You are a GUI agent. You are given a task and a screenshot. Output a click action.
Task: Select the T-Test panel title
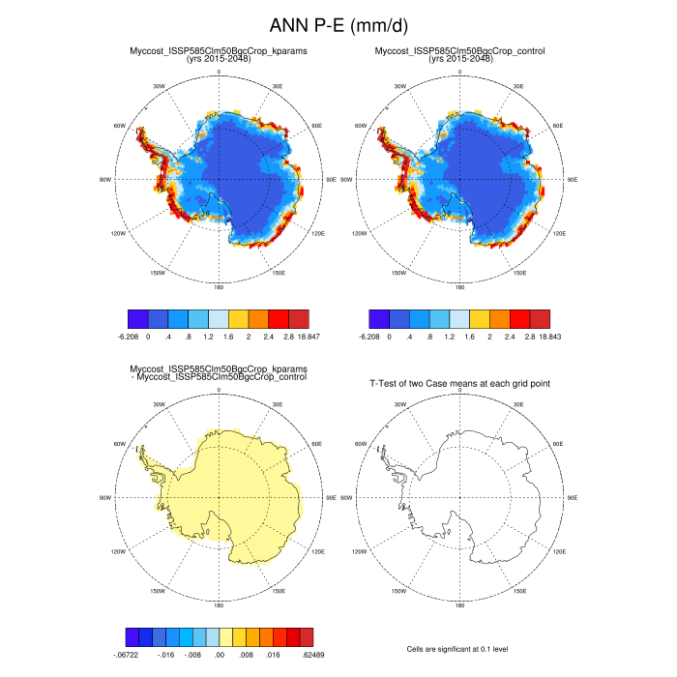[x=460, y=384]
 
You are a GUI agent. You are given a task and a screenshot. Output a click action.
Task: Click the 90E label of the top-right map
[x=573, y=180]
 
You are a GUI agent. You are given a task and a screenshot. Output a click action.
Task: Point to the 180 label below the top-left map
[x=219, y=287]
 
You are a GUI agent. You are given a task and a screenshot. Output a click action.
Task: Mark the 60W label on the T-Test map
[x=363, y=444]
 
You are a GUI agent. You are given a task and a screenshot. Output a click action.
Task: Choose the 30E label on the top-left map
[x=278, y=87]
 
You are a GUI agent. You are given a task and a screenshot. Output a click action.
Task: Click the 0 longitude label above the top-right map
[x=460, y=73]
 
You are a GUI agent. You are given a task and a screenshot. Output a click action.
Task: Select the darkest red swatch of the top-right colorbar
[x=540, y=317]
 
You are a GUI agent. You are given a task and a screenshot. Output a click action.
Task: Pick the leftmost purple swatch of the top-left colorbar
[x=138, y=317]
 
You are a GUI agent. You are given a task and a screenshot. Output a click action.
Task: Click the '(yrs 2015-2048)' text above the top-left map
[x=219, y=58]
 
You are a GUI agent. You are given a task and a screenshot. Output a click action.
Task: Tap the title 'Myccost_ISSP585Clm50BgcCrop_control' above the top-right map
[x=460, y=50]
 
